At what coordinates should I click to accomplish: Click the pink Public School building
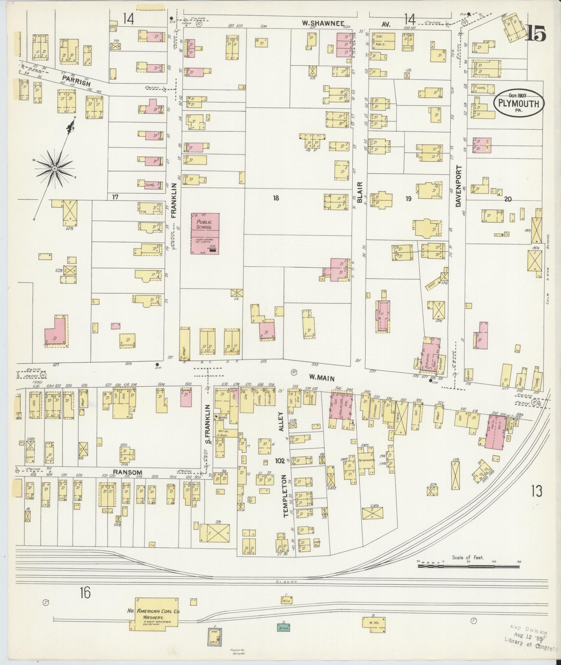[x=205, y=233]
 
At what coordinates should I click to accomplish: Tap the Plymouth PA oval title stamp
[x=518, y=103]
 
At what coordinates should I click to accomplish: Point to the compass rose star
[x=55, y=169]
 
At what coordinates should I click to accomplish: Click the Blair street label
[x=360, y=192]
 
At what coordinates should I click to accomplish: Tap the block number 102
[x=279, y=461]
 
